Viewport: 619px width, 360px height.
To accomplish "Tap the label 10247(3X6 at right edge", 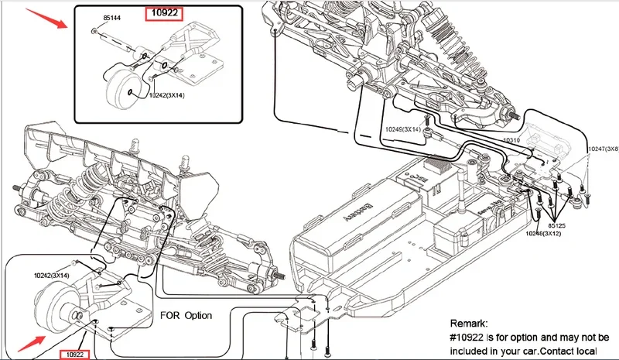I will (x=603, y=149).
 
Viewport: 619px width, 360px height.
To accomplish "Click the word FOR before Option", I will (x=169, y=316).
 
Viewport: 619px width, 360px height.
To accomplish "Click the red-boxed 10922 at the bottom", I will (x=77, y=354).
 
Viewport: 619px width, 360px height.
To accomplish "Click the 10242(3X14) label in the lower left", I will (x=51, y=275).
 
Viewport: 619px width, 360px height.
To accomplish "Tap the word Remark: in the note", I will (x=469, y=323).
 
